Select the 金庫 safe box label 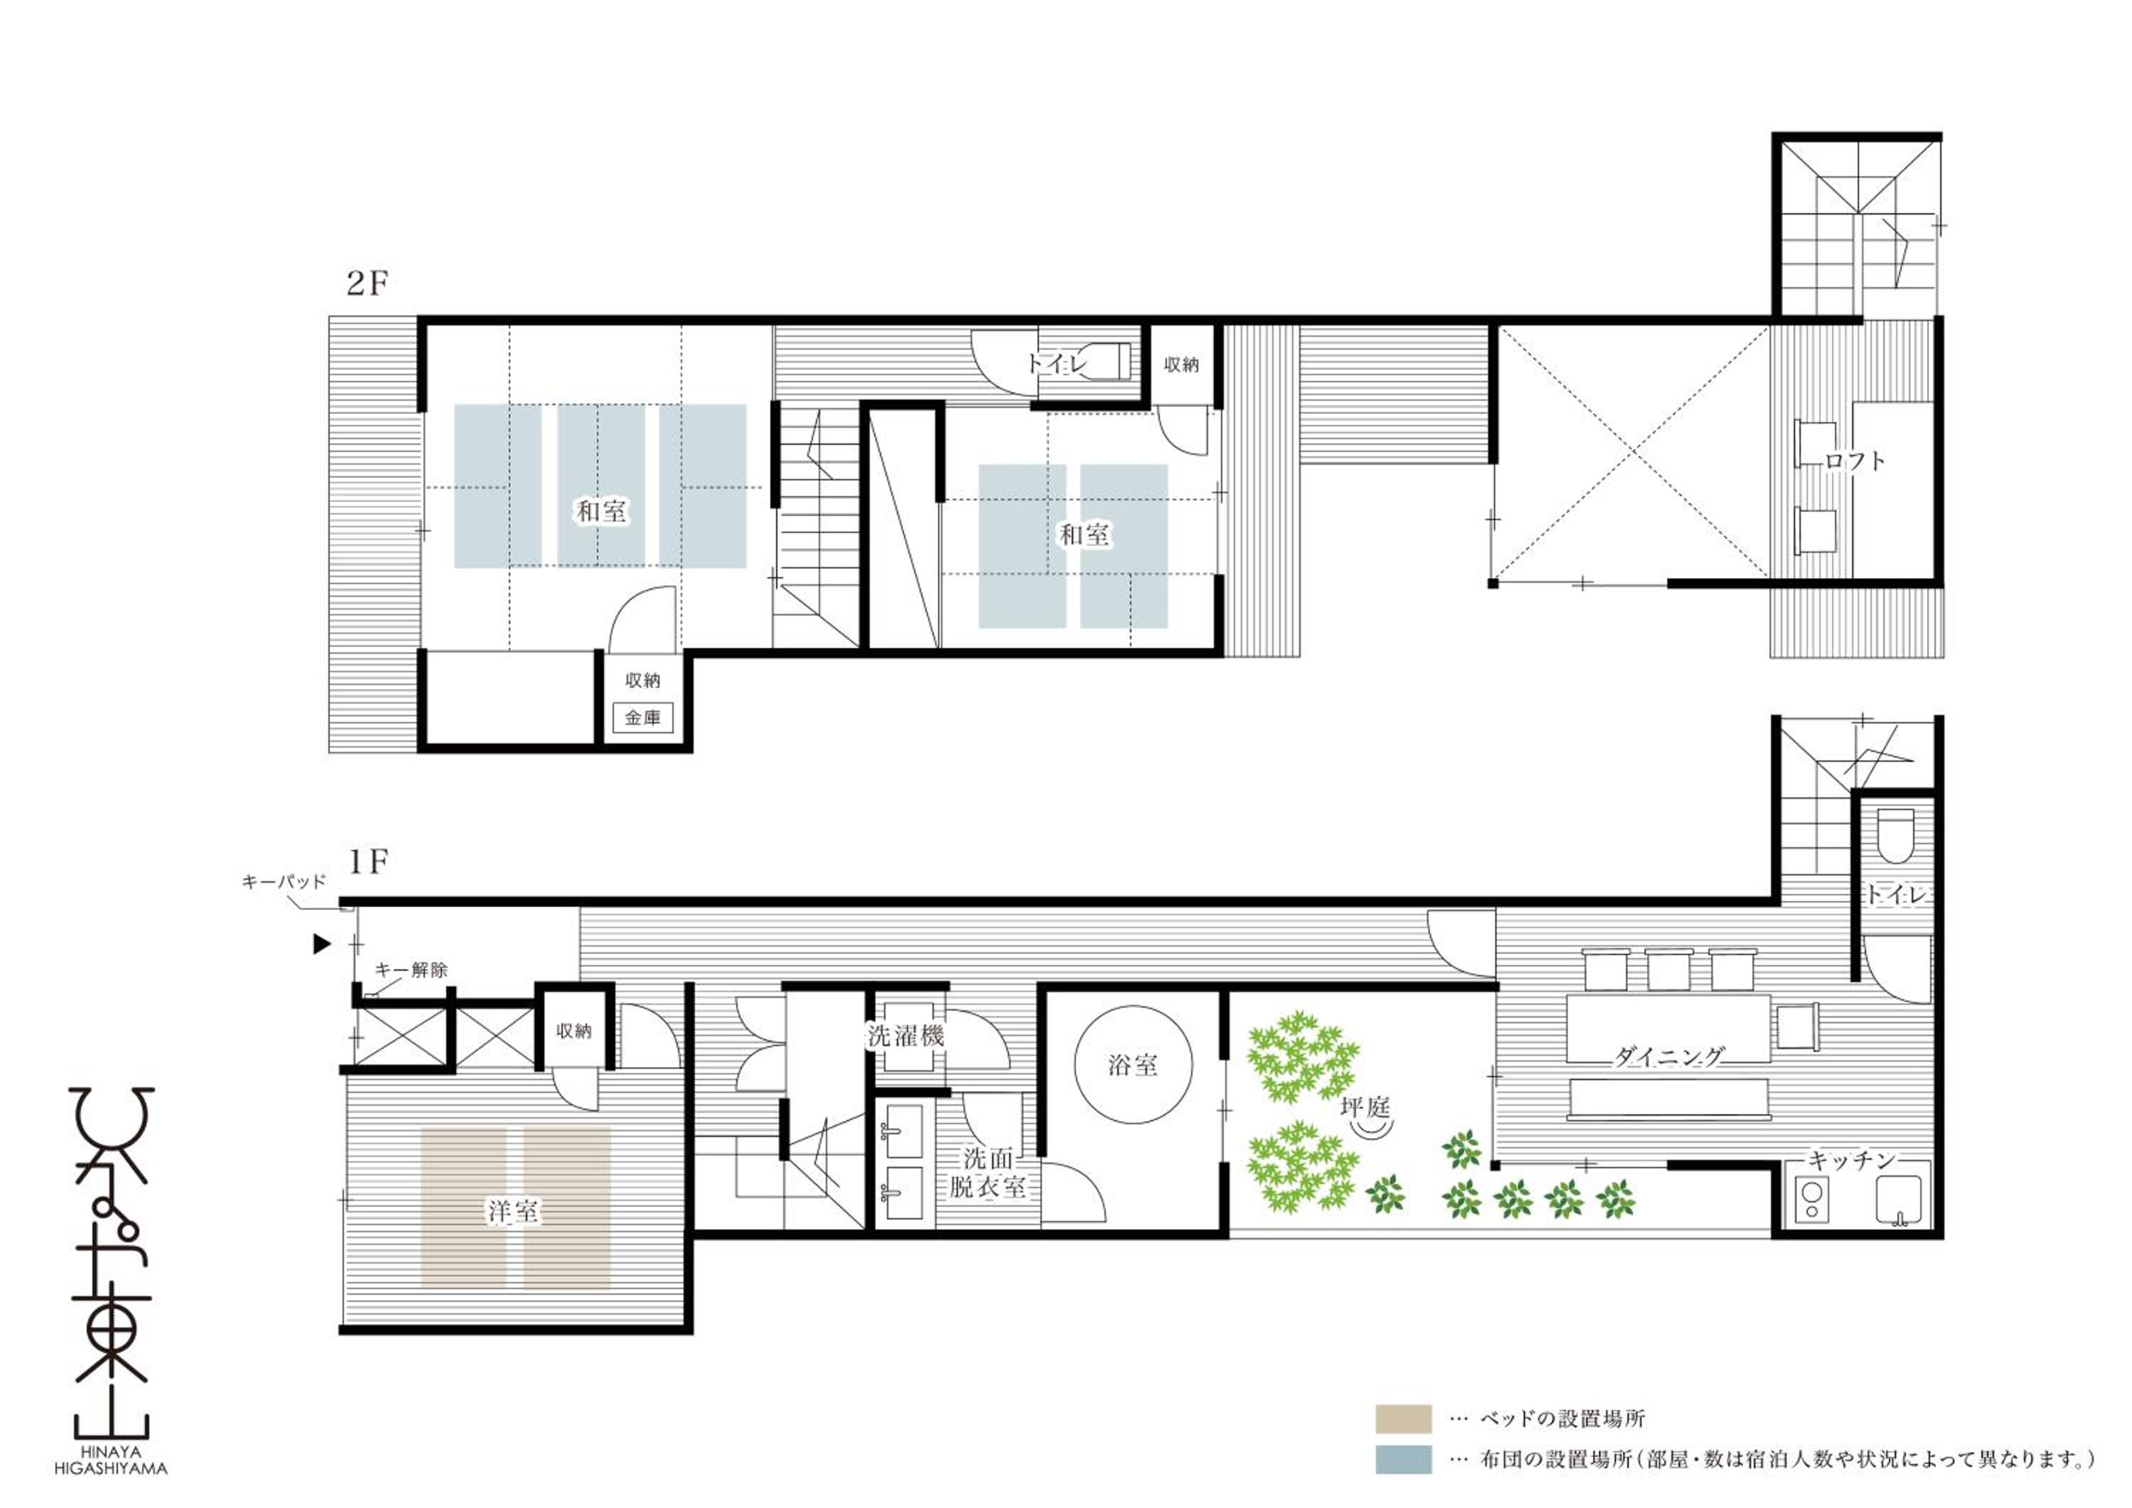coord(642,718)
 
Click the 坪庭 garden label coord(1365,1107)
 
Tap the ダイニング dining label coord(1669,1056)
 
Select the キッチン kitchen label coord(1851,1160)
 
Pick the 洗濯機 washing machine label coord(905,1036)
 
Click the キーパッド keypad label coord(284,881)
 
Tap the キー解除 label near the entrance coord(411,969)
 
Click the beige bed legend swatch coord(1403,1445)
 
